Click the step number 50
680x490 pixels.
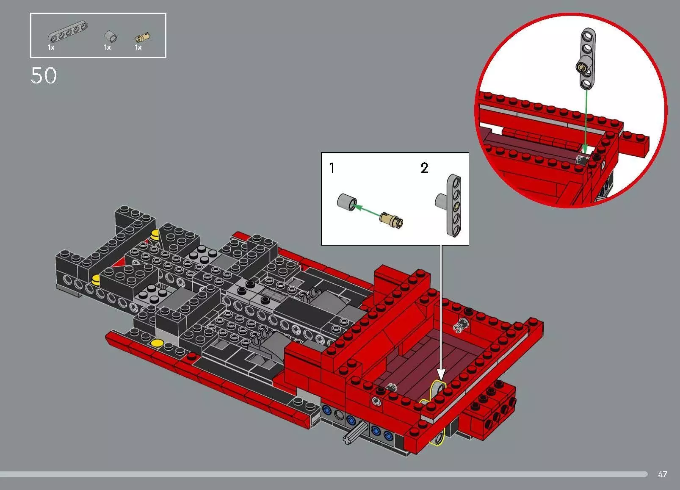coord(44,76)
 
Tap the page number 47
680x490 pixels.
coord(663,474)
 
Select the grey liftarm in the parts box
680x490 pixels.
coord(68,33)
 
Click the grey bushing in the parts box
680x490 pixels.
coord(111,36)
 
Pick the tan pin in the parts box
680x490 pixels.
coord(143,37)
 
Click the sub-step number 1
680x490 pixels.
coord(332,168)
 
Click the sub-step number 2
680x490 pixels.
coord(424,168)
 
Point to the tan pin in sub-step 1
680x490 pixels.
coord(392,219)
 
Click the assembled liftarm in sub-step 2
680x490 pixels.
coord(454,205)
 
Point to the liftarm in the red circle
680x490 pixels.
coord(587,59)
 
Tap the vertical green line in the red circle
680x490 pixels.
coord(586,119)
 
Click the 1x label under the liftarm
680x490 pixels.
coord(51,47)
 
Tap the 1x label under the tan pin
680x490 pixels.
coord(138,47)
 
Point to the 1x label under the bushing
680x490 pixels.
coord(107,47)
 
